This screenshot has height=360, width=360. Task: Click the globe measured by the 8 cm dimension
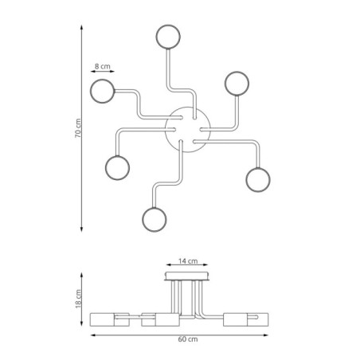click(103, 91)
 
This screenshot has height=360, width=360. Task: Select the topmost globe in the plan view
click(168, 37)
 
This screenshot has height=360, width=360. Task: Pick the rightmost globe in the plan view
click(259, 180)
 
